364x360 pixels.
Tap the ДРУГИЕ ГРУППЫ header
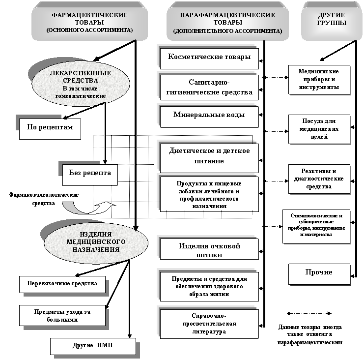click(x=332, y=20)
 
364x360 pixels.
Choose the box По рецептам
click(x=50, y=127)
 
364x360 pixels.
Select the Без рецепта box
click(x=93, y=173)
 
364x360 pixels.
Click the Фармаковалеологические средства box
click(x=44, y=199)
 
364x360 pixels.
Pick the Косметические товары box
click(x=209, y=57)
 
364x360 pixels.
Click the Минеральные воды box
click(x=209, y=115)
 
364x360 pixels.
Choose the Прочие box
click(x=319, y=272)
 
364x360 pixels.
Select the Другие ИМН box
click(x=93, y=345)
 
